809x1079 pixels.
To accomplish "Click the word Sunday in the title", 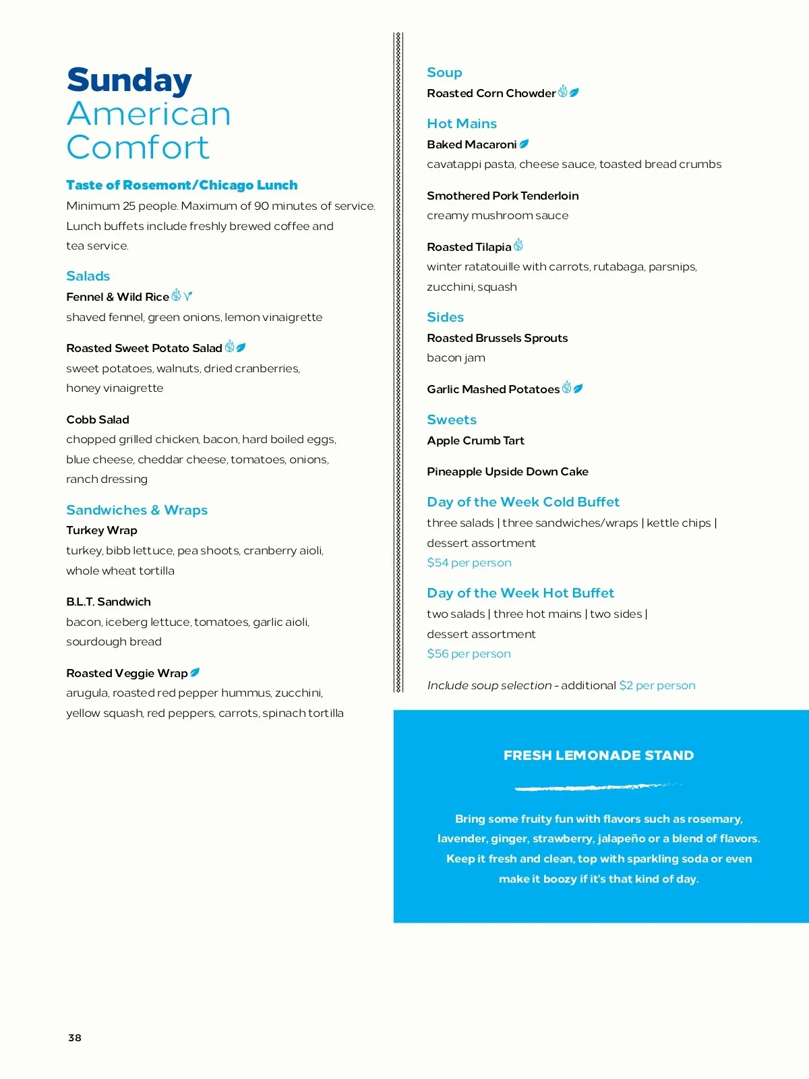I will click(x=129, y=80).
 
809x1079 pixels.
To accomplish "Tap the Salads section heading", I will click(x=88, y=276).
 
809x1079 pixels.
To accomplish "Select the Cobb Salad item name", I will click(x=98, y=419).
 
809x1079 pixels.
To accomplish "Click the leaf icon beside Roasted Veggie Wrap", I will click(x=196, y=672).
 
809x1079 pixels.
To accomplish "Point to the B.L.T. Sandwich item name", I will click(x=109, y=602).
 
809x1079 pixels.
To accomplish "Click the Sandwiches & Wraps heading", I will click(x=137, y=510).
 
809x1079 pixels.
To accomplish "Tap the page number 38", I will click(x=75, y=1038).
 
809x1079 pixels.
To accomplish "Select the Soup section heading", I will click(x=444, y=72).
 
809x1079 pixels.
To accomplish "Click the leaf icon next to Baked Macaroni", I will click(x=524, y=144).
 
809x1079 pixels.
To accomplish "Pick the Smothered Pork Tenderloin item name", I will click(x=502, y=196).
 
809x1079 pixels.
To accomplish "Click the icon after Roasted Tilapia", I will click(x=518, y=245).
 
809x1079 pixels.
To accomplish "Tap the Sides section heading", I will click(x=445, y=317).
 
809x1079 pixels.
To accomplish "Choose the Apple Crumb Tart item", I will click(x=475, y=440).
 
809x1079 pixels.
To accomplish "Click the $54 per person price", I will click(x=469, y=562).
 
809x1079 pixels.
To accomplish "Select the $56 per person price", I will click(x=469, y=653).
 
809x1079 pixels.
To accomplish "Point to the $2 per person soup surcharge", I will click(x=657, y=685).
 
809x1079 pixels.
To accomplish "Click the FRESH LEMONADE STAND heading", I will click(x=599, y=755).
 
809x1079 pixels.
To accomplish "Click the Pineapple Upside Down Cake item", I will click(x=508, y=471).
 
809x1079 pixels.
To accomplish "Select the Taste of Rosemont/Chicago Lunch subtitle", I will click(x=182, y=185).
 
